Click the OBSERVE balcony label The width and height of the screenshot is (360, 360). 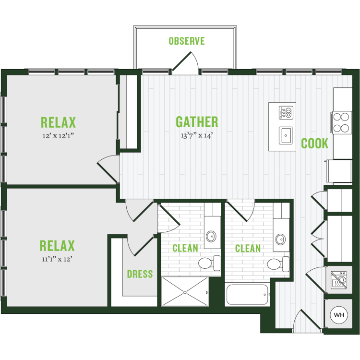click(x=187, y=41)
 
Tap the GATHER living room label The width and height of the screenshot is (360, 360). click(x=197, y=122)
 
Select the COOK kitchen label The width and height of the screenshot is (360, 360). click(x=314, y=144)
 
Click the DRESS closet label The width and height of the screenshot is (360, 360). click(x=140, y=274)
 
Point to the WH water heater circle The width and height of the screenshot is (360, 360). click(x=339, y=315)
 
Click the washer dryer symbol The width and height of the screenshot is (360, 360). click(x=339, y=280)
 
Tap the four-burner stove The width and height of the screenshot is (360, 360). click(x=341, y=122)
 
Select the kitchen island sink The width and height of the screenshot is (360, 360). click(x=286, y=135)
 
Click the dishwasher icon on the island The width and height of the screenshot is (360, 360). click(x=286, y=112)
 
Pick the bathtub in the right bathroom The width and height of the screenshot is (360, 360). click(x=247, y=295)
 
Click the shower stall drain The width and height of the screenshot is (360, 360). click(x=185, y=292)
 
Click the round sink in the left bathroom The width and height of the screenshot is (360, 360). click(x=211, y=236)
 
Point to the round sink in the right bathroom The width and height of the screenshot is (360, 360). click(x=280, y=239)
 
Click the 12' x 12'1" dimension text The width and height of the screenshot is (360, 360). click(x=58, y=136)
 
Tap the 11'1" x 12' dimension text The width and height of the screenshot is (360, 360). click(x=57, y=259)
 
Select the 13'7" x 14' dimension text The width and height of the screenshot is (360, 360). click(x=197, y=135)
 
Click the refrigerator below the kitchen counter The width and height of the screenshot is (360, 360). click(x=340, y=171)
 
